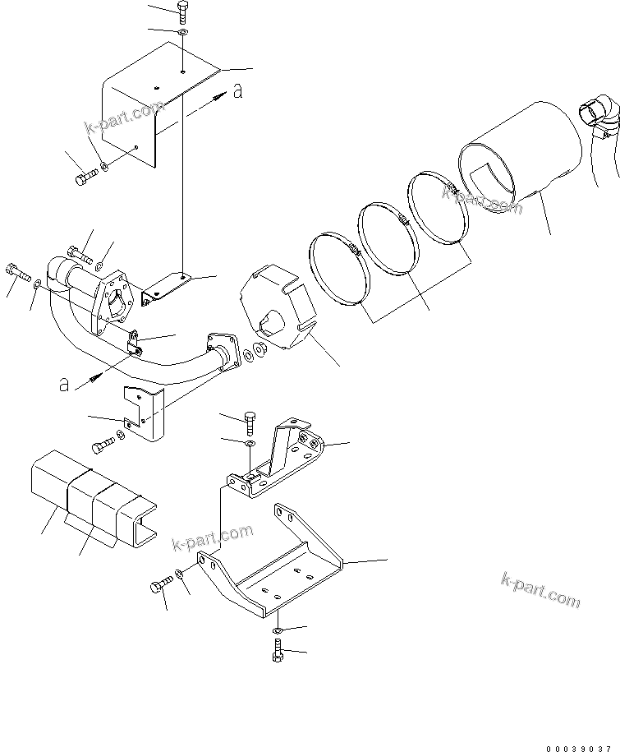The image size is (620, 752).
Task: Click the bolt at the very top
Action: coord(182,12)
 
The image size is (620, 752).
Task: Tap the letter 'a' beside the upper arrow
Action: coord(237,92)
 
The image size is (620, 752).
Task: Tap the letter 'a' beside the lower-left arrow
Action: coord(63,384)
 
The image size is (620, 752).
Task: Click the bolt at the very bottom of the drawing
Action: coord(276,653)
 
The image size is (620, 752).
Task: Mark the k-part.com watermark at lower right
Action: coord(540,589)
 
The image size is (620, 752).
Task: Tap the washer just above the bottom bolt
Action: coord(278,630)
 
